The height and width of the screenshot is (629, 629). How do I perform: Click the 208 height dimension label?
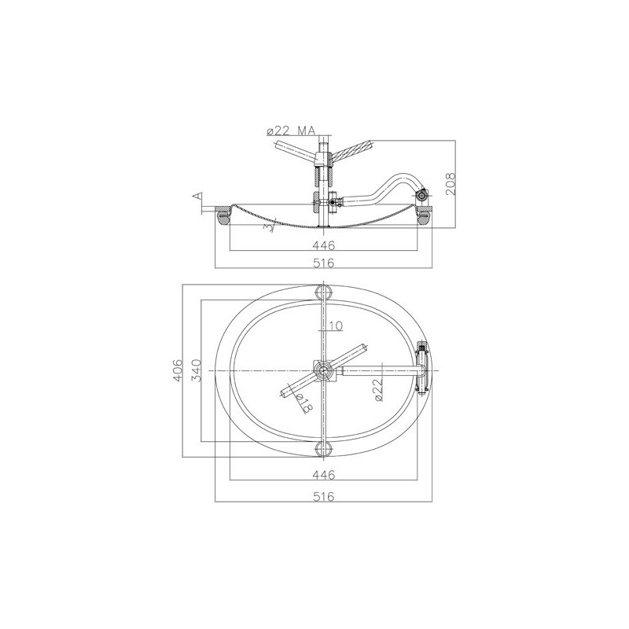tap(451, 183)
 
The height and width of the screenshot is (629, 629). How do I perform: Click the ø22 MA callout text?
tap(291, 131)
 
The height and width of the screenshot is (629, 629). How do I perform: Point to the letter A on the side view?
tap(197, 196)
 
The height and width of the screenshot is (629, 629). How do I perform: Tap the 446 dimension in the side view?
tap(323, 245)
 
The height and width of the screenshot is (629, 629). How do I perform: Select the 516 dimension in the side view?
tap(323, 263)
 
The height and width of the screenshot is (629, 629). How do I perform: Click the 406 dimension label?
tap(178, 370)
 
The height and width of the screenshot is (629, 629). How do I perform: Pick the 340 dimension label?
tap(195, 370)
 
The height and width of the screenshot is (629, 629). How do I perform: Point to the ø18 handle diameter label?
tap(304, 403)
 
